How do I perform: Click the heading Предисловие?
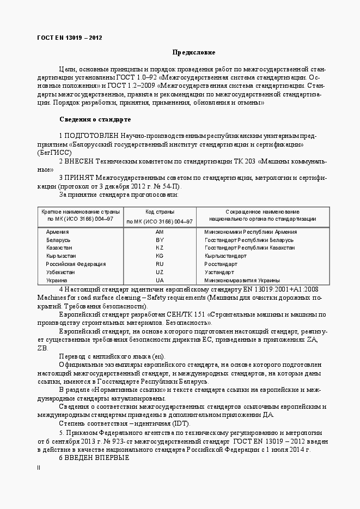click(x=193, y=52)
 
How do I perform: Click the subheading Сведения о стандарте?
click(x=94, y=119)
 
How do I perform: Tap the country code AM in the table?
click(x=160, y=232)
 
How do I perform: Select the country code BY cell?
click(x=160, y=240)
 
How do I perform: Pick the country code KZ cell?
click(x=160, y=247)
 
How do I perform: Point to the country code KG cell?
click(x=160, y=256)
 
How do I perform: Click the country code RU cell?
click(x=160, y=264)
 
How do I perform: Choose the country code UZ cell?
click(x=160, y=272)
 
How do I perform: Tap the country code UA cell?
click(x=160, y=280)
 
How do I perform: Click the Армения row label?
click(x=58, y=232)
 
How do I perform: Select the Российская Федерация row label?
click(x=76, y=264)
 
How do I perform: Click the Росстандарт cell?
click(x=221, y=264)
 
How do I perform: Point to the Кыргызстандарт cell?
click(x=225, y=256)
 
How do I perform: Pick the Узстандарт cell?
click(x=219, y=272)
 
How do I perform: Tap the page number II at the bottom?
click(x=39, y=468)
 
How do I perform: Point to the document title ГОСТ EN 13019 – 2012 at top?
click(x=69, y=38)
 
